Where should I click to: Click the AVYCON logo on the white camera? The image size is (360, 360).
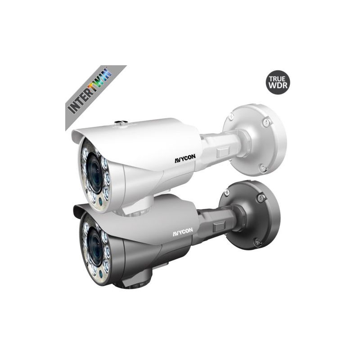tap(185, 158)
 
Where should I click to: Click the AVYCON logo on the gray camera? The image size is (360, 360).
tap(183, 232)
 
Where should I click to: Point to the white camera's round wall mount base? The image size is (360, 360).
tap(257, 139)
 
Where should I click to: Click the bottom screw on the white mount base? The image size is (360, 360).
tap(263, 168)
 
